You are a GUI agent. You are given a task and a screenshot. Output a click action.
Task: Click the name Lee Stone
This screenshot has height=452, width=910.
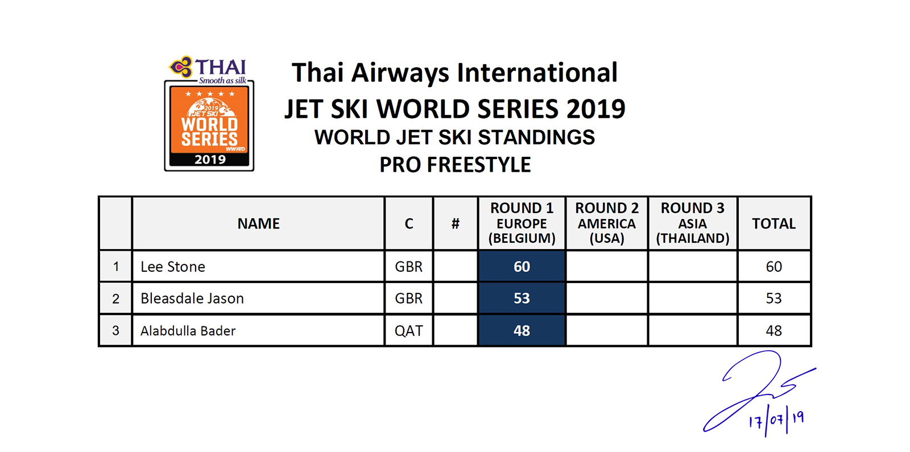(173, 267)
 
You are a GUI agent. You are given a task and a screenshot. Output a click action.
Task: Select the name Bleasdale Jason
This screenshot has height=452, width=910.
(192, 298)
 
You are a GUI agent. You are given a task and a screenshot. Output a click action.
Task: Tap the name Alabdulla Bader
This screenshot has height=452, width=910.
(188, 330)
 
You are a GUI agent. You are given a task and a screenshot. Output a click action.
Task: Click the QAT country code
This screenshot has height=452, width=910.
(409, 330)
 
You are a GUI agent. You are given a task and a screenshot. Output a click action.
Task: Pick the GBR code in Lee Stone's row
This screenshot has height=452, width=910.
(409, 267)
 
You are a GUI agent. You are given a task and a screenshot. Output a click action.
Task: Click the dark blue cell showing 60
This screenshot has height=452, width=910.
(522, 267)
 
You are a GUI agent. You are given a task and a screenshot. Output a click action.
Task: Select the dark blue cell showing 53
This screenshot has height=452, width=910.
(522, 298)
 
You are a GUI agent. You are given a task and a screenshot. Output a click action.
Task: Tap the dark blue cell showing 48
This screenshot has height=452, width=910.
(522, 330)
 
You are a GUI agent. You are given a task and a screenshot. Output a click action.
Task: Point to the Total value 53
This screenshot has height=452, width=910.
(773, 298)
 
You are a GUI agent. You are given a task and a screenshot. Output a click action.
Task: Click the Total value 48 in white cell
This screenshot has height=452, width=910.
(773, 330)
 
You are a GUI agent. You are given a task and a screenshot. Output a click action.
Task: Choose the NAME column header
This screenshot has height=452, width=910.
(258, 223)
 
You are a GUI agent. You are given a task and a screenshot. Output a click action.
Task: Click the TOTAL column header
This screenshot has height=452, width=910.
(773, 223)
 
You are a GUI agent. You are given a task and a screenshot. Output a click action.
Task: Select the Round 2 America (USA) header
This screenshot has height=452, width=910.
(606, 223)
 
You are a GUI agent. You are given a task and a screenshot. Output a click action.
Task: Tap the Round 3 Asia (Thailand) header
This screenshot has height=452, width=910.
(693, 223)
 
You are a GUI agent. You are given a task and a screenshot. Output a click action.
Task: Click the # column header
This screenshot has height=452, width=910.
(456, 223)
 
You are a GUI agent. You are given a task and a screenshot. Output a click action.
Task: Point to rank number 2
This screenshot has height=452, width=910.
(116, 298)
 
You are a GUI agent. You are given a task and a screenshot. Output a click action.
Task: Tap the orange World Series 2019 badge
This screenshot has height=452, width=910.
(209, 126)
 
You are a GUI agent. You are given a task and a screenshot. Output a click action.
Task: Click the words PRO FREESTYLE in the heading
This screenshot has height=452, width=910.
(455, 165)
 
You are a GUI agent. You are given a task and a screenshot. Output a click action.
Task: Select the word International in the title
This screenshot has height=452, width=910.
(537, 73)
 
